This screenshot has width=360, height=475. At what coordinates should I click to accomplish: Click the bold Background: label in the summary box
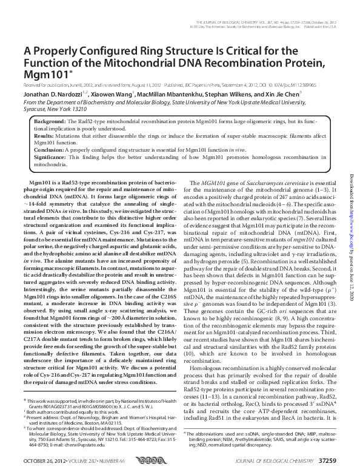click(48, 122)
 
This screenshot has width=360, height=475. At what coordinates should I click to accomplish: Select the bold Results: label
click(44, 137)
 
